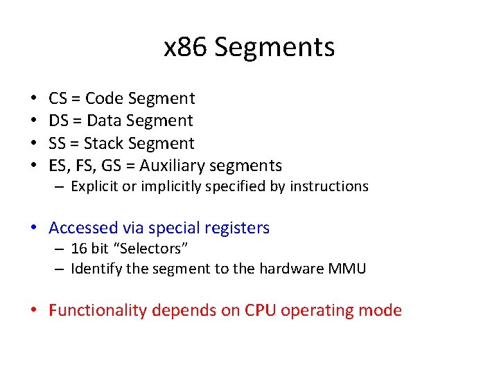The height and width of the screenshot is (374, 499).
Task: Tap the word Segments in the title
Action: coord(274,47)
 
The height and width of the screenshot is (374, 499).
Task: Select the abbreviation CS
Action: coord(58,98)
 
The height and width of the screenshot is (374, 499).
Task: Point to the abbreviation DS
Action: coord(59,121)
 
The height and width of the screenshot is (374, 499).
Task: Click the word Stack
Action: coord(105,143)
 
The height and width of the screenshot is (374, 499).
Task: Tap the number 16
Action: coord(79,248)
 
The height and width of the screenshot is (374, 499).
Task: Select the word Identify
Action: coord(94,268)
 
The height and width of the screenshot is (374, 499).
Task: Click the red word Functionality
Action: coord(98,310)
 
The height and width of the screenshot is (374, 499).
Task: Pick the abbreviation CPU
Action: coord(261,310)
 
